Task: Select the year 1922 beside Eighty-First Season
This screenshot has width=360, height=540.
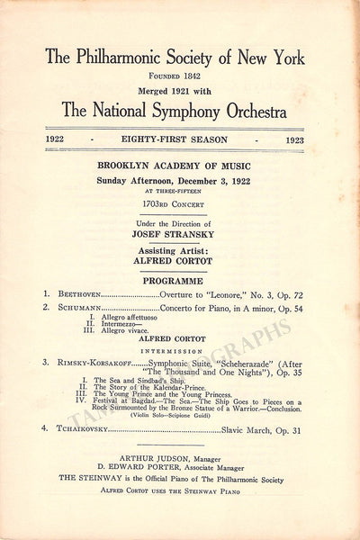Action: tap(59, 139)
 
